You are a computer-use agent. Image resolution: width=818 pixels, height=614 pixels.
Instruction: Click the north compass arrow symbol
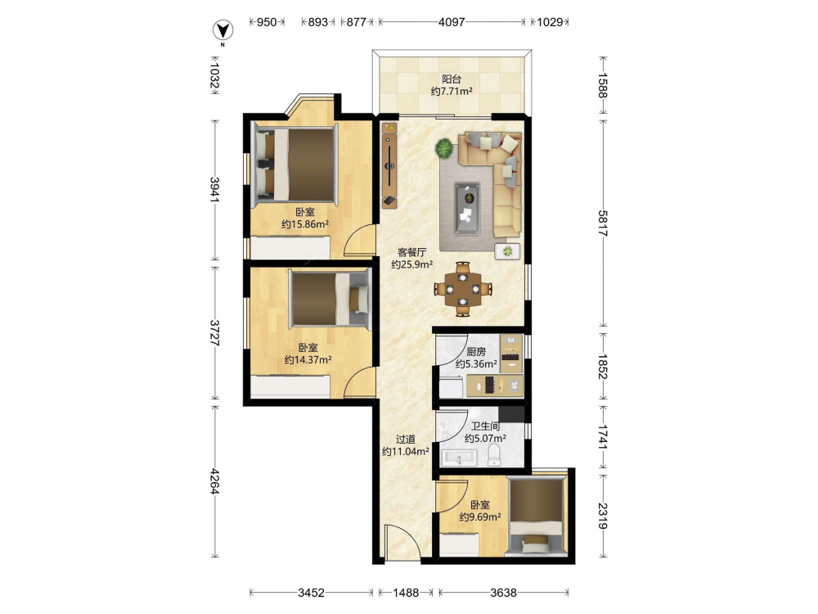pos(223,31)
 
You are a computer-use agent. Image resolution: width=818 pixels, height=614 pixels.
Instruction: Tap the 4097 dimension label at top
pos(452,22)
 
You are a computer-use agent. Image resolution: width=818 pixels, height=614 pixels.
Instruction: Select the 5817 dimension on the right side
pos(603,223)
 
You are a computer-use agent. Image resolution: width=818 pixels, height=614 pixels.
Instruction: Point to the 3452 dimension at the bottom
pos(311,593)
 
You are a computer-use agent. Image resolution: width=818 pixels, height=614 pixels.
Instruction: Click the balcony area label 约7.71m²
pos(452,92)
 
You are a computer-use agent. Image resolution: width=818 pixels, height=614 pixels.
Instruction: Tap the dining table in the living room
pos(463,289)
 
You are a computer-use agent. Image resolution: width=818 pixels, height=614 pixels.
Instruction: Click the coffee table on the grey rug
pos(467,208)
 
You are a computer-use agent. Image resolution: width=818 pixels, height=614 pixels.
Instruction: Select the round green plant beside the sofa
pos(444,148)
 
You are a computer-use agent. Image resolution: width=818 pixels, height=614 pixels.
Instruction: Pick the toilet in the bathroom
pos(494,455)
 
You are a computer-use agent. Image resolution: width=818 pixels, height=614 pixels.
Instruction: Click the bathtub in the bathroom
pos(459,458)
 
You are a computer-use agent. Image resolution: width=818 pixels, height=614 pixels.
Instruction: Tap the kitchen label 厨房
pos(476,351)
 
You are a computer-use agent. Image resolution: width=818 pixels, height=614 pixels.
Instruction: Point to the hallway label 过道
pos(406,439)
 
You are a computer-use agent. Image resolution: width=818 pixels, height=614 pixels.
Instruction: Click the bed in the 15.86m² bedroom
pos(294,165)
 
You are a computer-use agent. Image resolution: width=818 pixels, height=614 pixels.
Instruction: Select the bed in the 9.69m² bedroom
pos(537,515)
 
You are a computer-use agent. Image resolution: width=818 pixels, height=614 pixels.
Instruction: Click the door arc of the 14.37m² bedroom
pos(360,382)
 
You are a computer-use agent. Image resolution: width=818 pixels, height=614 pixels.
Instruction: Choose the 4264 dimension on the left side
pos(214,482)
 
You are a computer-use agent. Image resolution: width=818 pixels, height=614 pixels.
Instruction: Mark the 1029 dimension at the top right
pos(550,22)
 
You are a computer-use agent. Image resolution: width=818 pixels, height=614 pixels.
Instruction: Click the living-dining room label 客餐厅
pos(412,252)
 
